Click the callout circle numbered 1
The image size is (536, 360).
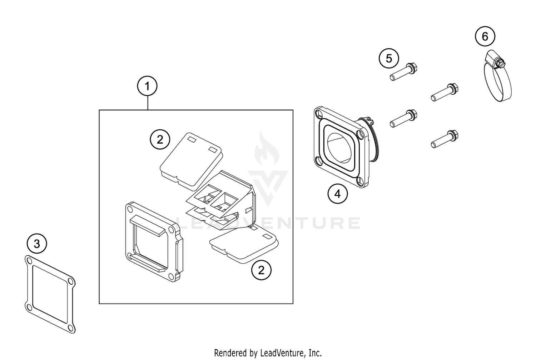(x=147, y=86)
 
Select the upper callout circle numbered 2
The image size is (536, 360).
(x=160, y=140)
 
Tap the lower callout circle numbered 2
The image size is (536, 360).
(x=261, y=270)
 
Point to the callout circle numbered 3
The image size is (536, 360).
(x=37, y=244)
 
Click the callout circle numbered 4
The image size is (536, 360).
(x=337, y=194)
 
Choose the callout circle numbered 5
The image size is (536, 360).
(x=389, y=58)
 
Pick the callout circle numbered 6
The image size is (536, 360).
(x=485, y=36)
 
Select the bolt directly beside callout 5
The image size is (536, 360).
(x=404, y=72)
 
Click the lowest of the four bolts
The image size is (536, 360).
(x=445, y=140)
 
